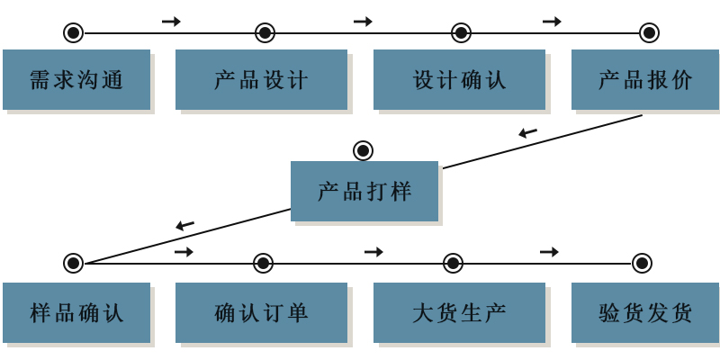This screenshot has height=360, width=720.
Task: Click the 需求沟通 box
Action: pyautogui.click(x=76, y=79)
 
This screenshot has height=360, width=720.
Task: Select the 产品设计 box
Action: pyautogui.click(x=261, y=79)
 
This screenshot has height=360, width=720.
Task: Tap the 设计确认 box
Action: pyautogui.click(x=459, y=79)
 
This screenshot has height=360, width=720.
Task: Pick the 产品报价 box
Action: pyautogui.click(x=644, y=79)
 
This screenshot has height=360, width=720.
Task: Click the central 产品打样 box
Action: pyautogui.click(x=364, y=191)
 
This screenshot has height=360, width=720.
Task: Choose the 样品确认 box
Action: pyautogui.click(x=76, y=312)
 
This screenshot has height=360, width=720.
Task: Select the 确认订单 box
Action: pyautogui.click(x=261, y=312)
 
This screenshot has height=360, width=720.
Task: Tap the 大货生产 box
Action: pyautogui.click(x=459, y=312)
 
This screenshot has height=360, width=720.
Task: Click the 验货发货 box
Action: pyautogui.click(x=644, y=312)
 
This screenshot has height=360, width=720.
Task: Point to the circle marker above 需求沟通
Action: pyautogui.click(x=73, y=33)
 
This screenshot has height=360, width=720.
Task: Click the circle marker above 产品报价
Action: pyautogui.click(x=649, y=33)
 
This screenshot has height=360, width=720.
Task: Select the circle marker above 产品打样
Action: pyautogui.click(x=363, y=150)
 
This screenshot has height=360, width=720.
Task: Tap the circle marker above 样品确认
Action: pyautogui.click(x=73, y=263)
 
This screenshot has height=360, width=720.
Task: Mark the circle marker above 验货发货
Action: pyautogui.click(x=642, y=263)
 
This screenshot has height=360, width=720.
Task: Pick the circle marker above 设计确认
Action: pyautogui.click(x=461, y=33)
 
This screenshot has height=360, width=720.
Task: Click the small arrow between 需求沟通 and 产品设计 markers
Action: pyautogui.click(x=171, y=22)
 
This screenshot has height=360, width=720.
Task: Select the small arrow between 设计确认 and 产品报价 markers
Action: pyautogui.click(x=552, y=22)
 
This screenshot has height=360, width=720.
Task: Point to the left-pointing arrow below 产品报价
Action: pyautogui.click(x=527, y=133)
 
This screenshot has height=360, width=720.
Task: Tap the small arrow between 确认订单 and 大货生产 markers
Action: pyautogui.click(x=373, y=252)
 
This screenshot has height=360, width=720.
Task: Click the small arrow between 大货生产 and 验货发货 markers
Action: pyautogui.click(x=549, y=252)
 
